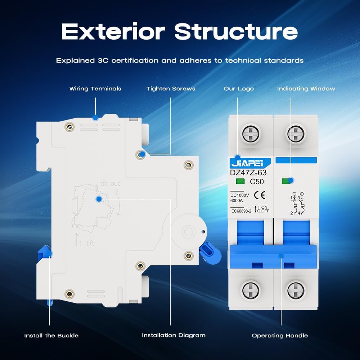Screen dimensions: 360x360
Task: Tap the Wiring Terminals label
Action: pyautogui.click(x=95, y=89)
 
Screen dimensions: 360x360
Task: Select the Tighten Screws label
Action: pyautogui.click(x=171, y=89)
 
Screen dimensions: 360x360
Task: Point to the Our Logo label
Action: pyautogui.click(x=239, y=89)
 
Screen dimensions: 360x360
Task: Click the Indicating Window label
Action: pyautogui.click(x=306, y=89)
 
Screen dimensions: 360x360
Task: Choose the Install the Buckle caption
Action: pyautogui.click(x=51, y=336)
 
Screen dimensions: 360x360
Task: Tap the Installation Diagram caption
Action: pyautogui.click(x=174, y=335)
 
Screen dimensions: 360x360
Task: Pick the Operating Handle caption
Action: pyautogui.click(x=280, y=336)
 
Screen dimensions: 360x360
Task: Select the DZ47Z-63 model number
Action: pyautogui.click(x=248, y=173)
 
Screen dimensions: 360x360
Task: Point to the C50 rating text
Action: pyautogui.click(x=257, y=182)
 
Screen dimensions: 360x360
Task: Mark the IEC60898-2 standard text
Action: pyautogui.click(x=240, y=211)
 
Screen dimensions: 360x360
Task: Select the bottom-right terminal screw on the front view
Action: pyautogui.click(x=296, y=290)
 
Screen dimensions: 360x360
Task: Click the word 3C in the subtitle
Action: pyautogui.click(x=104, y=60)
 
